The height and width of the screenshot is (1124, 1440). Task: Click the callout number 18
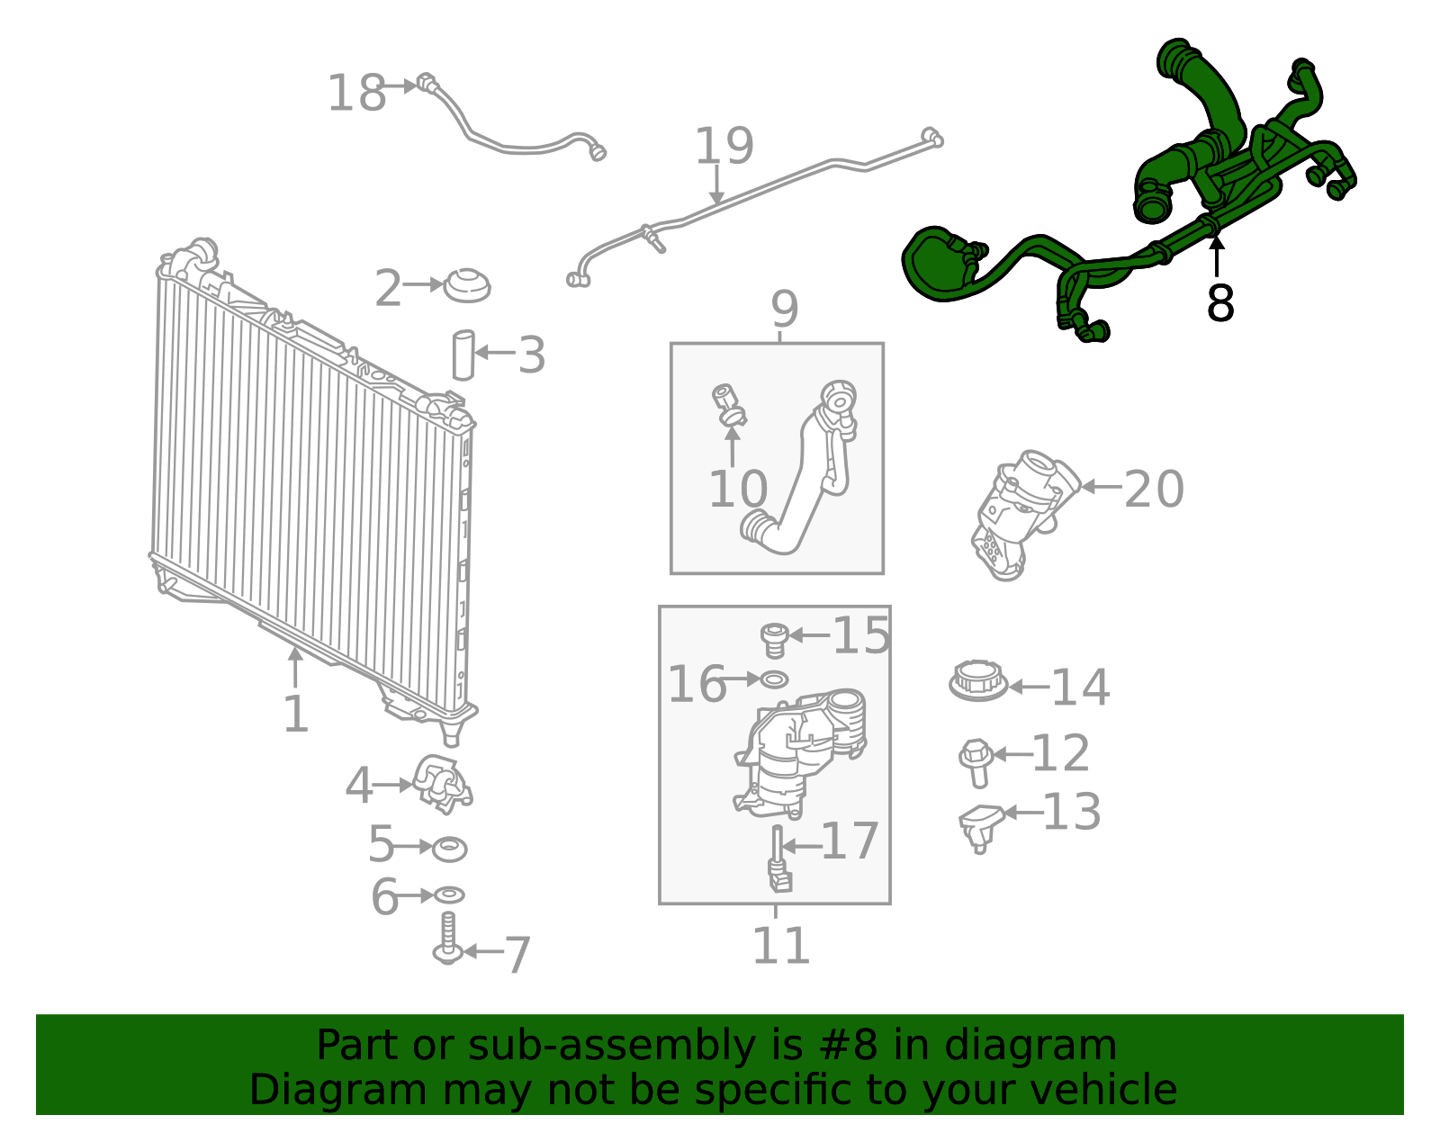click(x=356, y=94)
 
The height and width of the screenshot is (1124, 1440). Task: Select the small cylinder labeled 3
click(x=463, y=355)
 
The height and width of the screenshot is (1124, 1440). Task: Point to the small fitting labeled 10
click(x=729, y=405)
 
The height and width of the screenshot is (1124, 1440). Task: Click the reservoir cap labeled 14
click(x=977, y=681)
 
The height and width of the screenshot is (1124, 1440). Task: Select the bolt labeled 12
click(x=976, y=760)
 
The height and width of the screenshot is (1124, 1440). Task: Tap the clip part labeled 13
click(x=980, y=823)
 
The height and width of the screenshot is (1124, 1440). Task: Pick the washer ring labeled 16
click(x=774, y=679)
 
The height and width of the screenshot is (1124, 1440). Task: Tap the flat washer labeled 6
click(x=448, y=895)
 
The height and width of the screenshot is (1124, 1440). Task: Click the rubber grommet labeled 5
click(x=449, y=848)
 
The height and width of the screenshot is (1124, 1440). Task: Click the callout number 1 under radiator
click(x=295, y=715)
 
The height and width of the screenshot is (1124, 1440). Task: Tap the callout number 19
click(x=724, y=146)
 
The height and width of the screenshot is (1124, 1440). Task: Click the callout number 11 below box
click(x=780, y=946)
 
